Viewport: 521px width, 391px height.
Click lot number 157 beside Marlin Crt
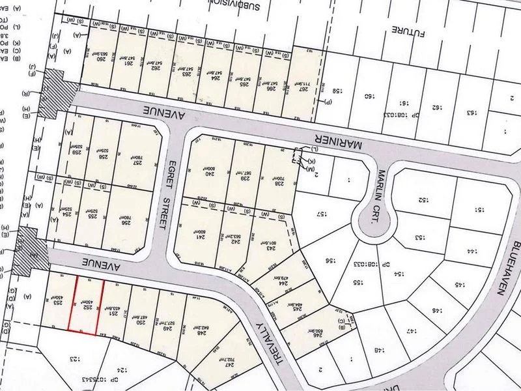[321, 214]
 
